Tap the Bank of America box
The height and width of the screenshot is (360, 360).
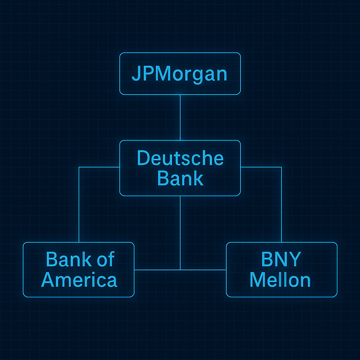79,292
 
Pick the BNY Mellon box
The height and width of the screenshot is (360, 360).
281,292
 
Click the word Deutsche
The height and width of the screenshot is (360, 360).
180,158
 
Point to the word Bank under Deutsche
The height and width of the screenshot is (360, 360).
180,178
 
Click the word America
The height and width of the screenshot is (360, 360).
79,280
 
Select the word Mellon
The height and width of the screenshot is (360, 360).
280,280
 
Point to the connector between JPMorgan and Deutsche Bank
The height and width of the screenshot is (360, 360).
180,117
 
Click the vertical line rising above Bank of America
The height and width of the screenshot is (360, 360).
79,207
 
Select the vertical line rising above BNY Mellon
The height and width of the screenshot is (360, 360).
281,207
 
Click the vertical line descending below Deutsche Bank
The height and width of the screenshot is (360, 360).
180,232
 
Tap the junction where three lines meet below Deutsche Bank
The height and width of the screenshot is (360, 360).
180,270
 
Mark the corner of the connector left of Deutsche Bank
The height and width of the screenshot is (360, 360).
79,167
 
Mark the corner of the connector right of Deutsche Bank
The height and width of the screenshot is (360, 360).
281,167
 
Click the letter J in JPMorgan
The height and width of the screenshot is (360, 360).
135,75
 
